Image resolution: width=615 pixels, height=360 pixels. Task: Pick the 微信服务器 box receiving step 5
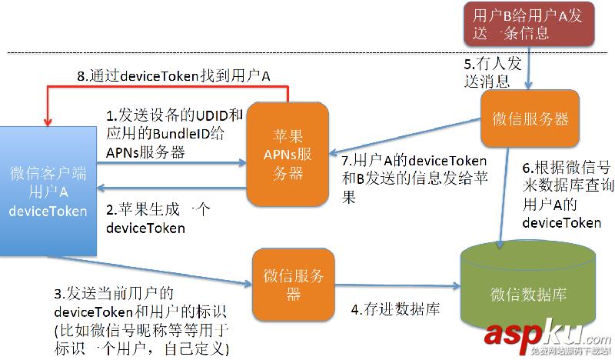tap(529, 118)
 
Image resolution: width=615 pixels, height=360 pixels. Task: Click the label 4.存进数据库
tap(395, 310)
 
